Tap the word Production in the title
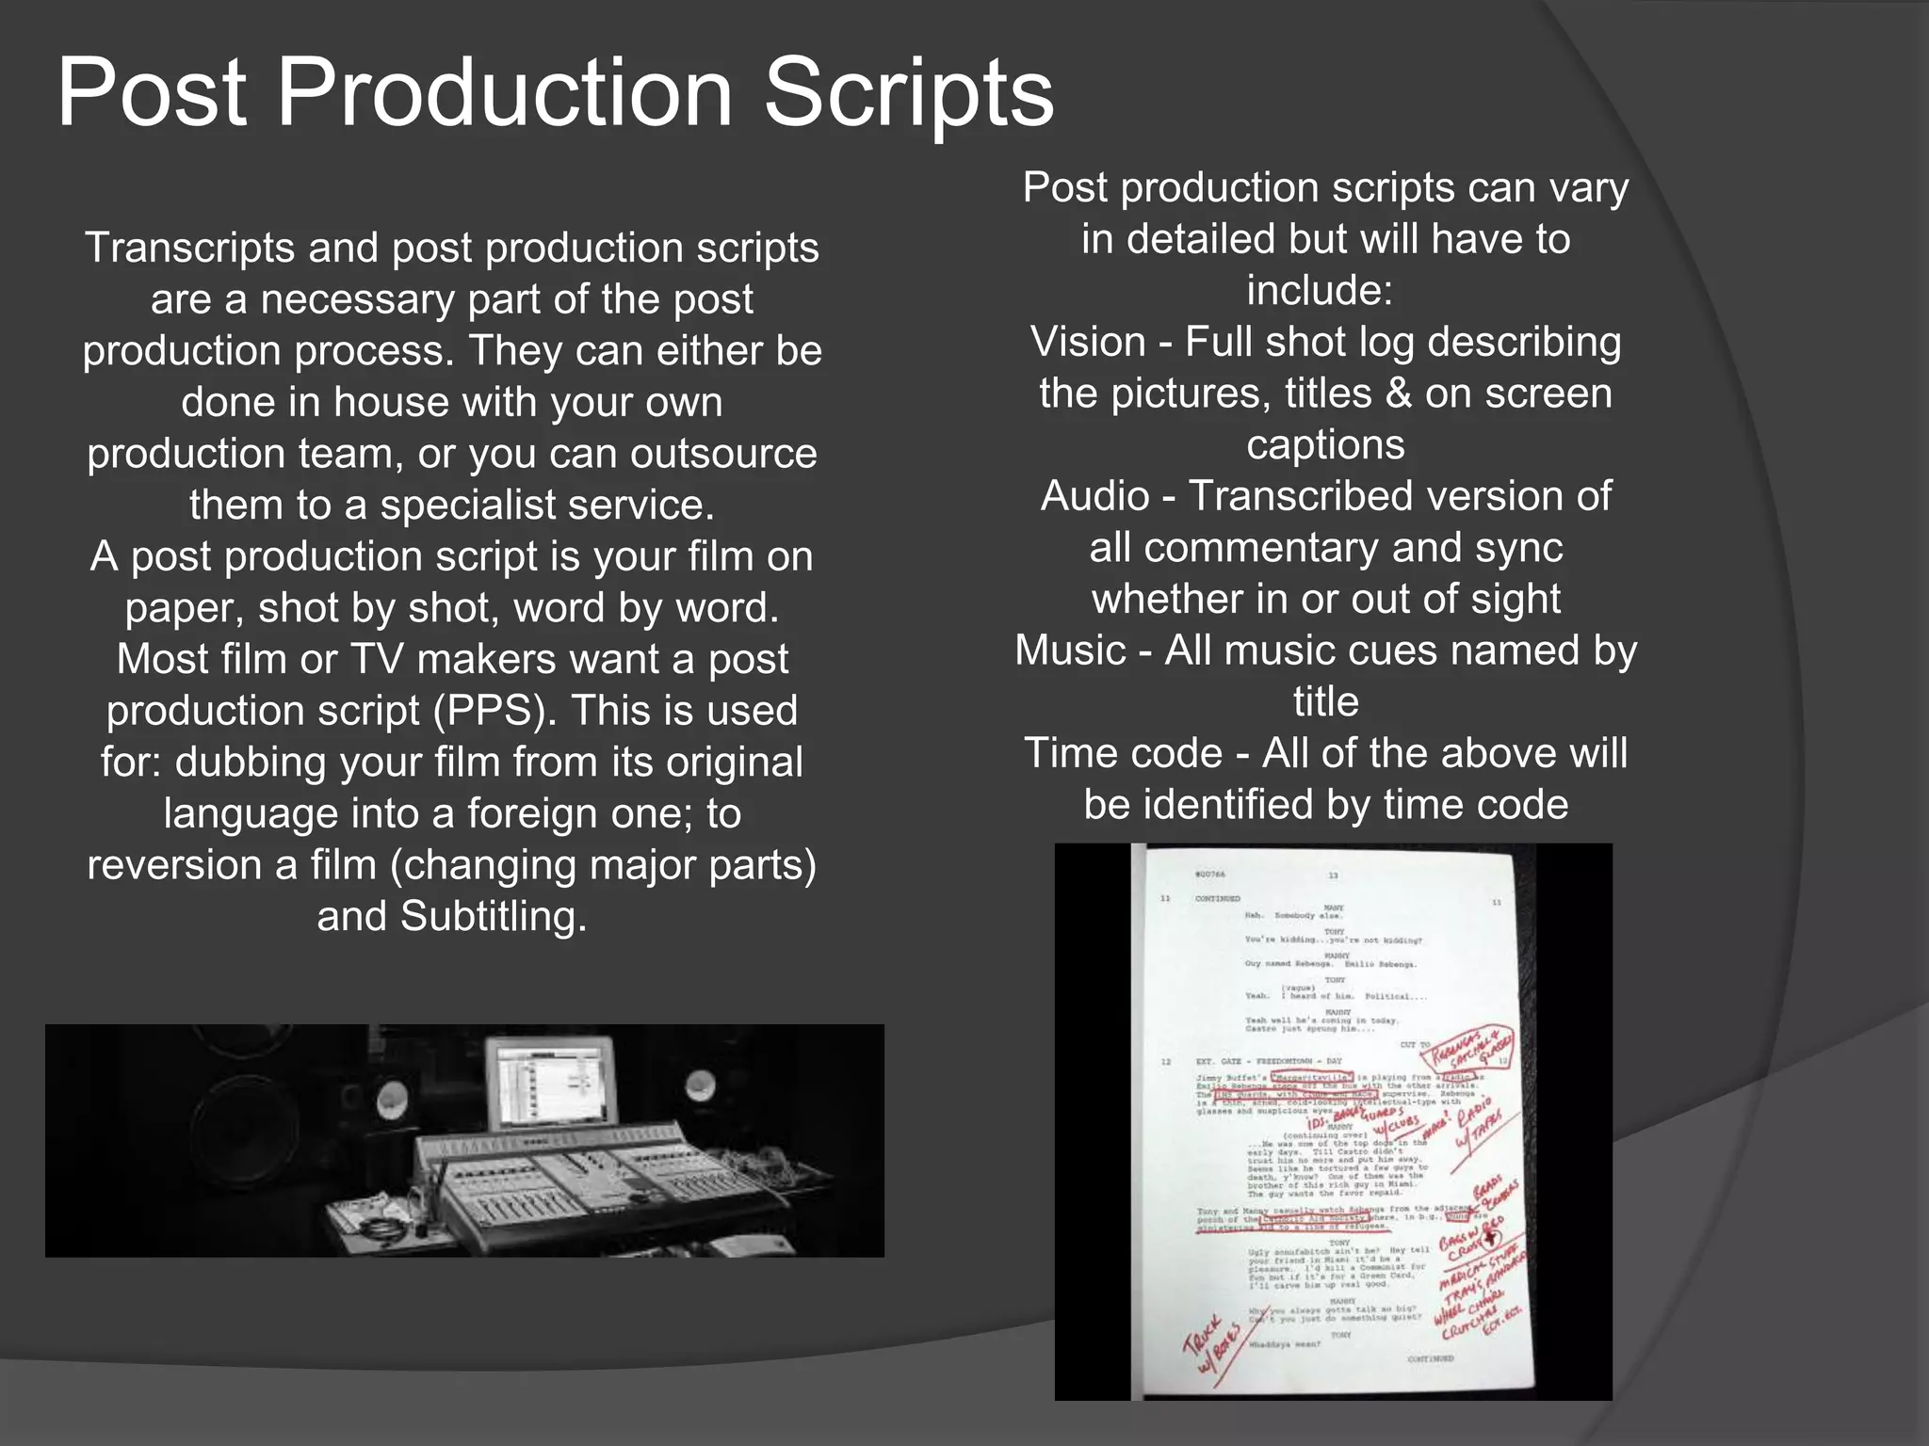point(504,92)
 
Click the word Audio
point(1094,497)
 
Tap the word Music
point(1070,651)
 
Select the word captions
point(1325,445)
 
